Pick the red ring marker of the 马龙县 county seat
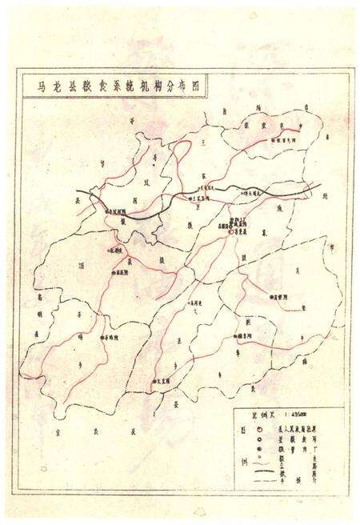[231, 232]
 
